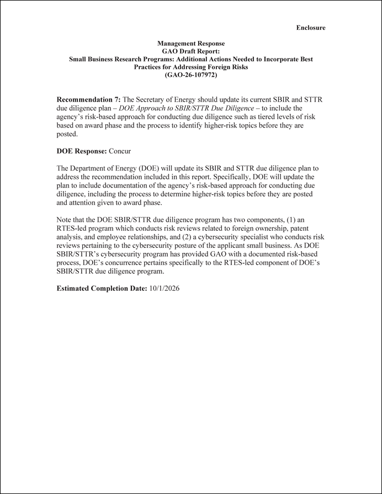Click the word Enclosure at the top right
coord(310,28)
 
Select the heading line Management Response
coord(191,43)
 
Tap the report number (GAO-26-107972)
coord(191,75)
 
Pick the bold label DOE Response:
coord(82,151)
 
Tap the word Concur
coord(120,151)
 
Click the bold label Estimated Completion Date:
coord(102,288)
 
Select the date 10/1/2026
coord(165,288)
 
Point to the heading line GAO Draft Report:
coord(191,51)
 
